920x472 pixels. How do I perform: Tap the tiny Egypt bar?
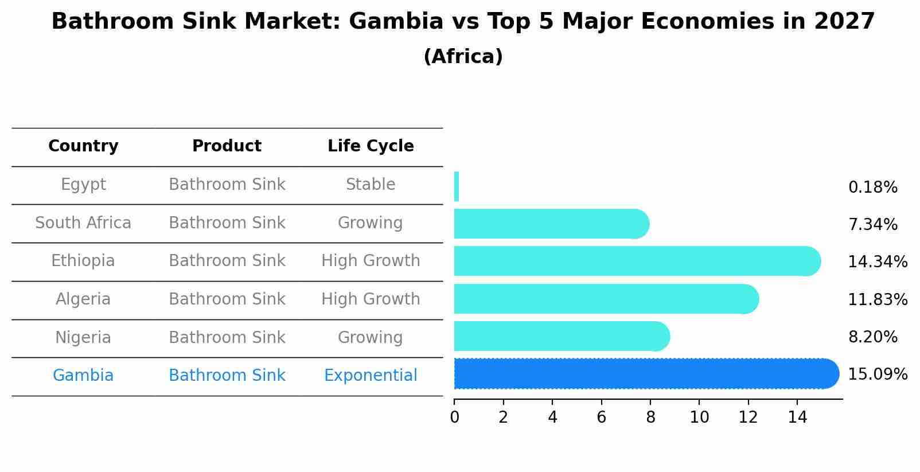click(457, 186)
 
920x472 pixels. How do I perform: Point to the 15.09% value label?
click(877, 375)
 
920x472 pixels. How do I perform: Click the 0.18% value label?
click(872, 188)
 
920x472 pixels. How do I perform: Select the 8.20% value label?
click(872, 337)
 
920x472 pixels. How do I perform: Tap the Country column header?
click(83, 146)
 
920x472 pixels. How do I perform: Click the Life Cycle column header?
click(371, 146)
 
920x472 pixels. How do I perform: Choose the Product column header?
click(227, 146)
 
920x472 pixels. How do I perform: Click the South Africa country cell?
click(83, 223)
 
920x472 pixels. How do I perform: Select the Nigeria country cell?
click(83, 338)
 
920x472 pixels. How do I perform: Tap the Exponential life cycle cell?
click(371, 376)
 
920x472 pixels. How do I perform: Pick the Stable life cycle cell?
click(371, 185)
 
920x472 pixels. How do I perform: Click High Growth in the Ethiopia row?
click(371, 261)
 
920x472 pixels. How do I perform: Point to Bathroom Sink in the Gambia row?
click(227, 376)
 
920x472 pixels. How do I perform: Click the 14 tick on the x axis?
click(797, 418)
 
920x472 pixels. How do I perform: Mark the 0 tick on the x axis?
click(454, 418)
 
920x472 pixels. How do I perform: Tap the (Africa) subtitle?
click(463, 57)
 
